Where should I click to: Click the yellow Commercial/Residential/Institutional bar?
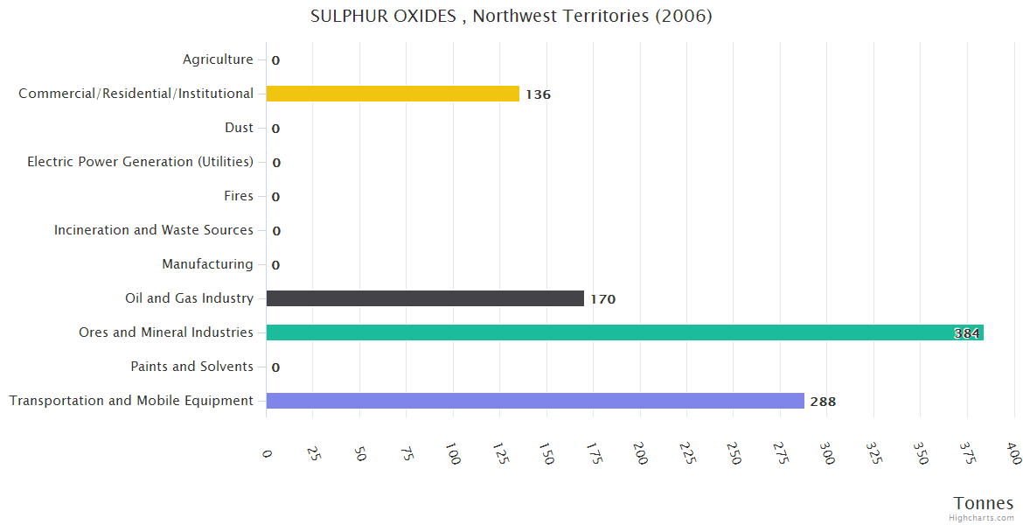coord(393,94)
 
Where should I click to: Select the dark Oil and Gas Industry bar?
coord(425,298)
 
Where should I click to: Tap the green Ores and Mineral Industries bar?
coord(624,332)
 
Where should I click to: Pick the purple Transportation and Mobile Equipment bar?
coord(535,401)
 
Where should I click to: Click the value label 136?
coord(538,94)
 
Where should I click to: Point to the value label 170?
coord(602,299)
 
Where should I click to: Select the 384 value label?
coord(966,333)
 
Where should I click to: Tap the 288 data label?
coord(823,402)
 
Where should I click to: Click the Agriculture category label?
coord(218,59)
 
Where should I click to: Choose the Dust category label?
coord(239,128)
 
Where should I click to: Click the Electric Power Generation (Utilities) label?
coord(140,162)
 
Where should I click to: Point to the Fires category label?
coord(238,196)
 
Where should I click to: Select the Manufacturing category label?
coord(207,264)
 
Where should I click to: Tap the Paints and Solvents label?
coord(191,367)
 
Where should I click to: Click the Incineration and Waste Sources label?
coord(153,230)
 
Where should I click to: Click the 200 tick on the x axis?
coord(641,452)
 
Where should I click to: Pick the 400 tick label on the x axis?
coord(1013,452)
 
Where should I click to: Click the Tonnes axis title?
coord(983,503)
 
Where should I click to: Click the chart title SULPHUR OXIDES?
coord(511,17)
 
